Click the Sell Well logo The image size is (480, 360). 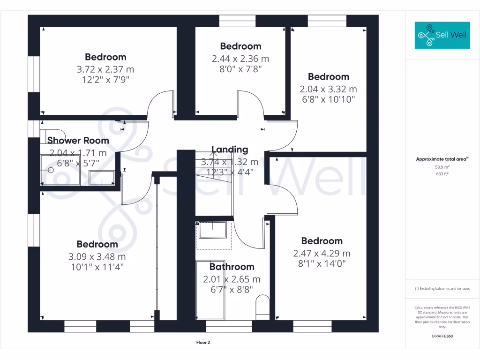(x=442, y=35)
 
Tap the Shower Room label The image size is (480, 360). (x=78, y=141)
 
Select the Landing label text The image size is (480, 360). (x=230, y=150)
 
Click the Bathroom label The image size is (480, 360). (x=232, y=267)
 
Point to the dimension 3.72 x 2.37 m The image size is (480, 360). (x=105, y=69)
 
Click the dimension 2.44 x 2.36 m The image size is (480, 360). (x=240, y=59)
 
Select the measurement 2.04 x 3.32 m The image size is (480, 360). (x=328, y=89)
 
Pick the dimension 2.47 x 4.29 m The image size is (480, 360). (x=322, y=254)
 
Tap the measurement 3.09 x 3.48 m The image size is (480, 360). (x=97, y=257)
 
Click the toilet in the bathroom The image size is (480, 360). (x=263, y=307)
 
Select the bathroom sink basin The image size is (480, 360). (x=213, y=230)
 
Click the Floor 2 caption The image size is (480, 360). (x=203, y=343)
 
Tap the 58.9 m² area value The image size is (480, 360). (x=443, y=167)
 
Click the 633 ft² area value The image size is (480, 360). (x=443, y=173)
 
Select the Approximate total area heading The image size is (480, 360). (x=442, y=159)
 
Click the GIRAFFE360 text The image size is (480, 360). (x=443, y=336)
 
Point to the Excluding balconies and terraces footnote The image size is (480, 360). (x=443, y=289)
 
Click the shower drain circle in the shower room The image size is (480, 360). (x=51, y=170)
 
